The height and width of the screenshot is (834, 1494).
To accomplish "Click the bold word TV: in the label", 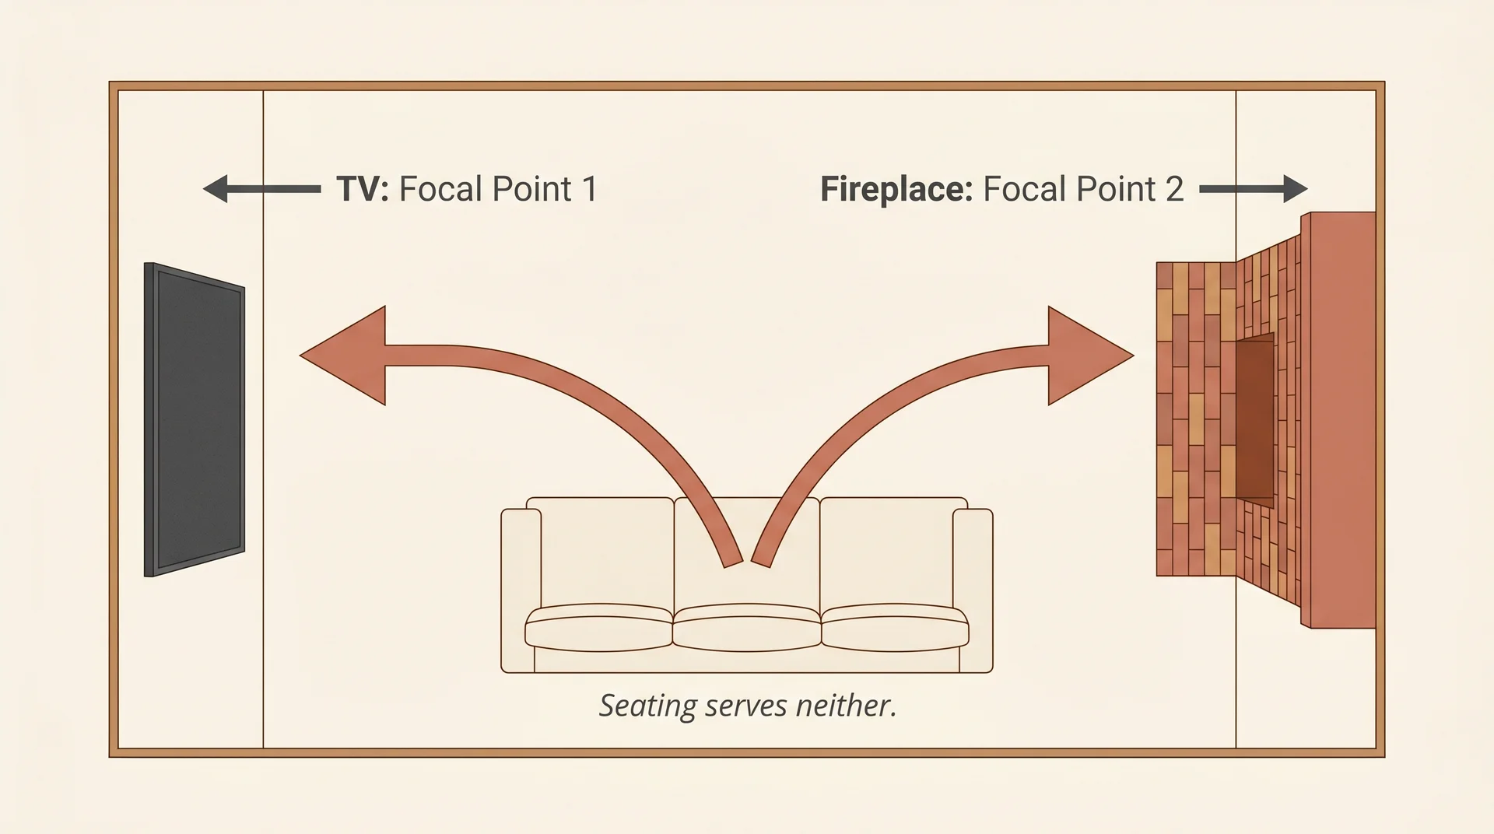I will point(362,189).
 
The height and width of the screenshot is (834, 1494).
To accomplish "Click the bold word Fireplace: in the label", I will point(896,189).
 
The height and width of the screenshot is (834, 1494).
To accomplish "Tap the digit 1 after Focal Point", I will point(589,189).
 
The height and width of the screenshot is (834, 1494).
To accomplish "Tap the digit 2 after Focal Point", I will point(1173,189).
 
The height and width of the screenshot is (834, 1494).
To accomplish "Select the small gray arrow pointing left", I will point(261,189).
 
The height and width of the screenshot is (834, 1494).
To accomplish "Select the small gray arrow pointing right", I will point(1254,188).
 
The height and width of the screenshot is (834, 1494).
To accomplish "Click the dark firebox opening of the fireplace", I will point(1254,420).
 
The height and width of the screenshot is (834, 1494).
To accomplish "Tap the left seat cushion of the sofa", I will point(598,627).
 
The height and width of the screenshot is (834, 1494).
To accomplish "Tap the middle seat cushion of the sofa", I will point(747,627).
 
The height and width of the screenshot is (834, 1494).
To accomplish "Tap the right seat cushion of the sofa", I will point(895,627).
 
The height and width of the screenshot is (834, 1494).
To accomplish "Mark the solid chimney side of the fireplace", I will point(1338,420).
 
